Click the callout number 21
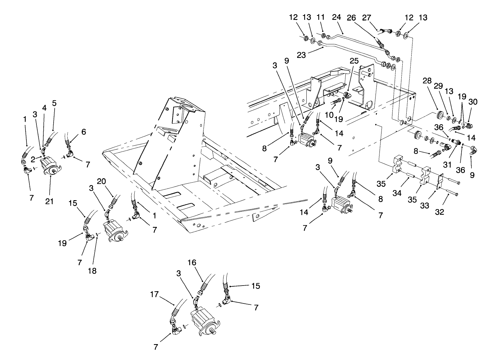click(49, 201)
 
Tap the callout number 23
click(301, 55)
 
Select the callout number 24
click(336, 17)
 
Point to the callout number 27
click(367, 18)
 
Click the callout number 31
click(447, 165)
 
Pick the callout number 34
click(397, 193)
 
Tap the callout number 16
click(192, 262)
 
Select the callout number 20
click(102, 181)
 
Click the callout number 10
click(329, 115)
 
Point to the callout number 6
click(84, 132)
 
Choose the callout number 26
click(351, 18)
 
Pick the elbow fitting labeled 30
click(468, 126)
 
